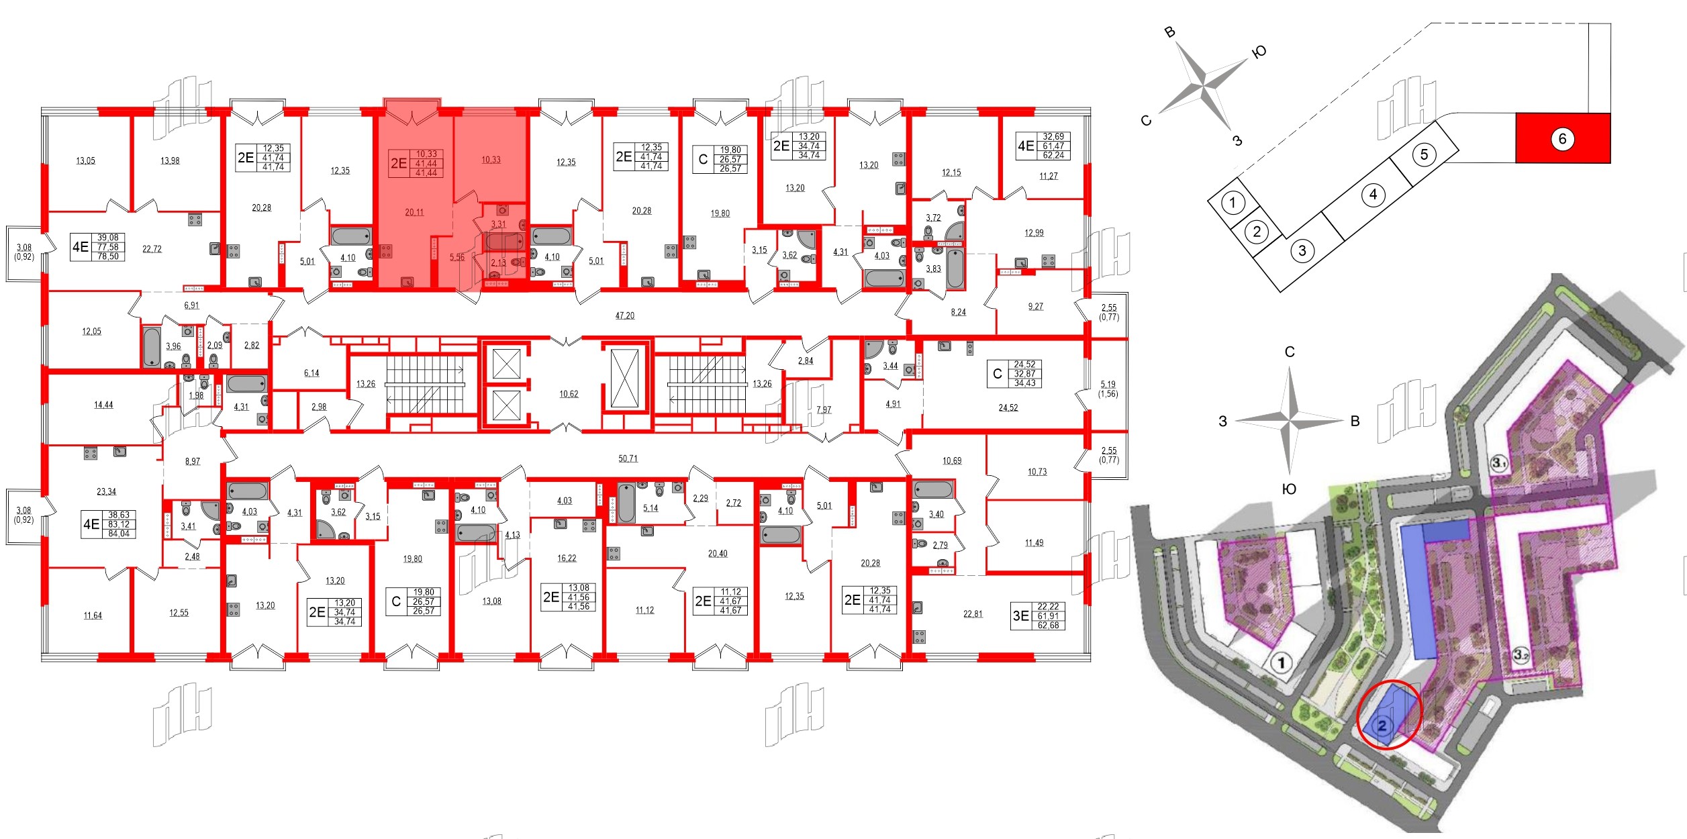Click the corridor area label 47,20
click(x=624, y=315)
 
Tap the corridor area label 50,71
click(x=628, y=458)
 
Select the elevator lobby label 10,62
click(x=569, y=394)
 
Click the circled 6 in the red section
click(x=1562, y=139)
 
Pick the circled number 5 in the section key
click(x=1424, y=155)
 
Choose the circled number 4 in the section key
click(x=1373, y=195)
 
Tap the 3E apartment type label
click(x=1020, y=615)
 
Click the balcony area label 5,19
click(x=1108, y=385)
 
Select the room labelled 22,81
click(x=973, y=613)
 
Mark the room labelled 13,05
click(x=85, y=160)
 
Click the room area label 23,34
click(x=106, y=491)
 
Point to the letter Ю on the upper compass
click(x=1259, y=52)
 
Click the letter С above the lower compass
click(x=1289, y=352)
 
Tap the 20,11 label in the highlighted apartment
click(x=414, y=212)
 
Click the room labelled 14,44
click(x=103, y=405)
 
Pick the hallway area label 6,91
click(x=191, y=305)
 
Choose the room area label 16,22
click(x=566, y=558)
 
